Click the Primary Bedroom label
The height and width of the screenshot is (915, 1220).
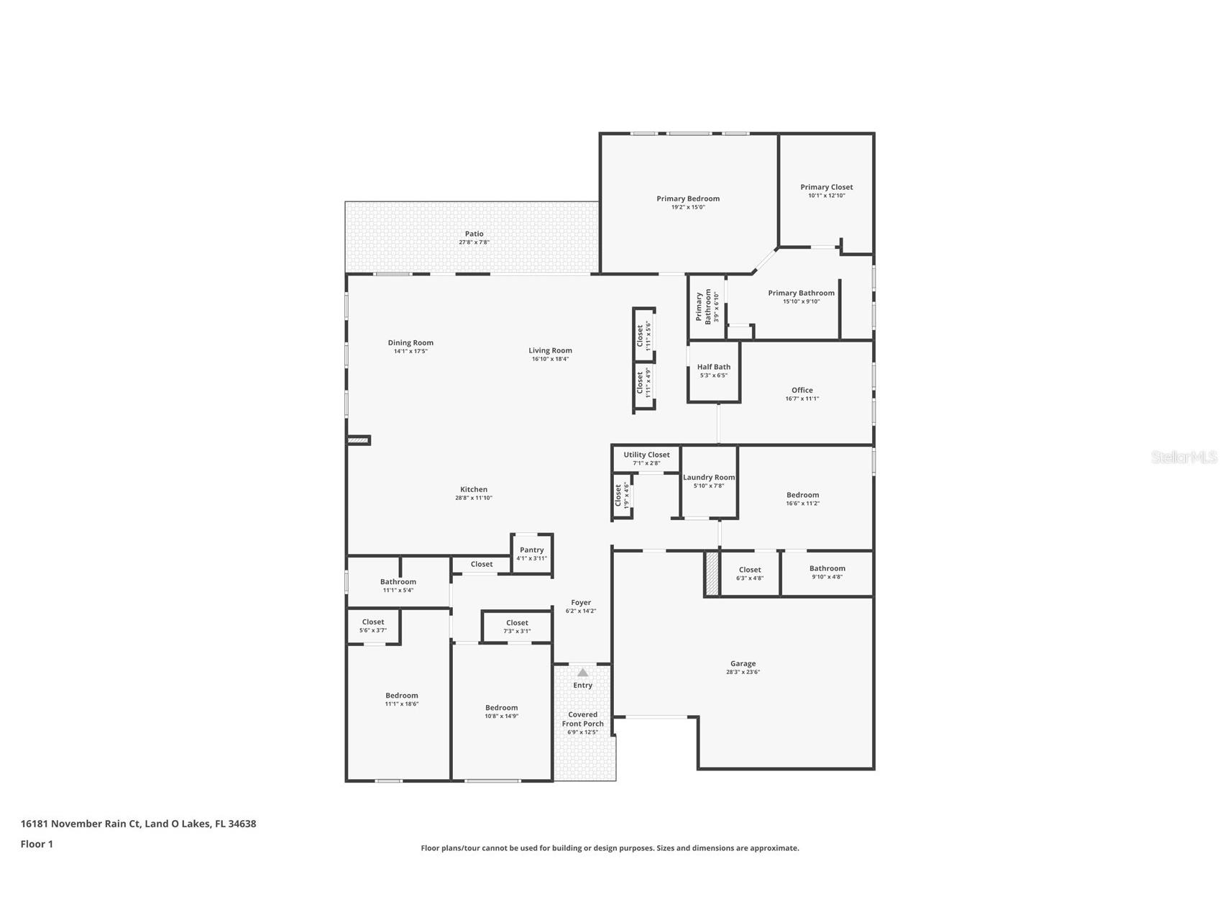(688, 199)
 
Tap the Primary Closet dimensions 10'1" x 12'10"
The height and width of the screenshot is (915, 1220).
(827, 196)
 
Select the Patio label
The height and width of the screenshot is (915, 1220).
(474, 234)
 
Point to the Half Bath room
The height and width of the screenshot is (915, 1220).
(714, 371)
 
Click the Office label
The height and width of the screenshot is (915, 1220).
(802, 390)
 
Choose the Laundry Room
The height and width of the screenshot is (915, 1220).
(709, 481)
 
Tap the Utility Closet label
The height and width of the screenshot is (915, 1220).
(646, 455)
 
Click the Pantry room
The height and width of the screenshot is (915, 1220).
(532, 554)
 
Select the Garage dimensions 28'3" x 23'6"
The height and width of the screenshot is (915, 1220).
(743, 673)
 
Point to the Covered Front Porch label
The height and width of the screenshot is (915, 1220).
(583, 719)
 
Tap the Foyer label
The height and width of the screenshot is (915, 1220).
(581, 603)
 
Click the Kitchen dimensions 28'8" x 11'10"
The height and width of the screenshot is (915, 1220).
(474, 498)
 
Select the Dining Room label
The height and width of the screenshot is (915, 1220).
(411, 342)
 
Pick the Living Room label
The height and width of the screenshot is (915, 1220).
(551, 350)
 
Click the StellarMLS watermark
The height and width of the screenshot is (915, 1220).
(1184, 457)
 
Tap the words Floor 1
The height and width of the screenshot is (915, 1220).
(37, 845)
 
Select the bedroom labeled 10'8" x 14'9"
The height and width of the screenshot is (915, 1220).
(502, 712)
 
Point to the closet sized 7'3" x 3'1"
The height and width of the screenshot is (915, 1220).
(517, 627)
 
